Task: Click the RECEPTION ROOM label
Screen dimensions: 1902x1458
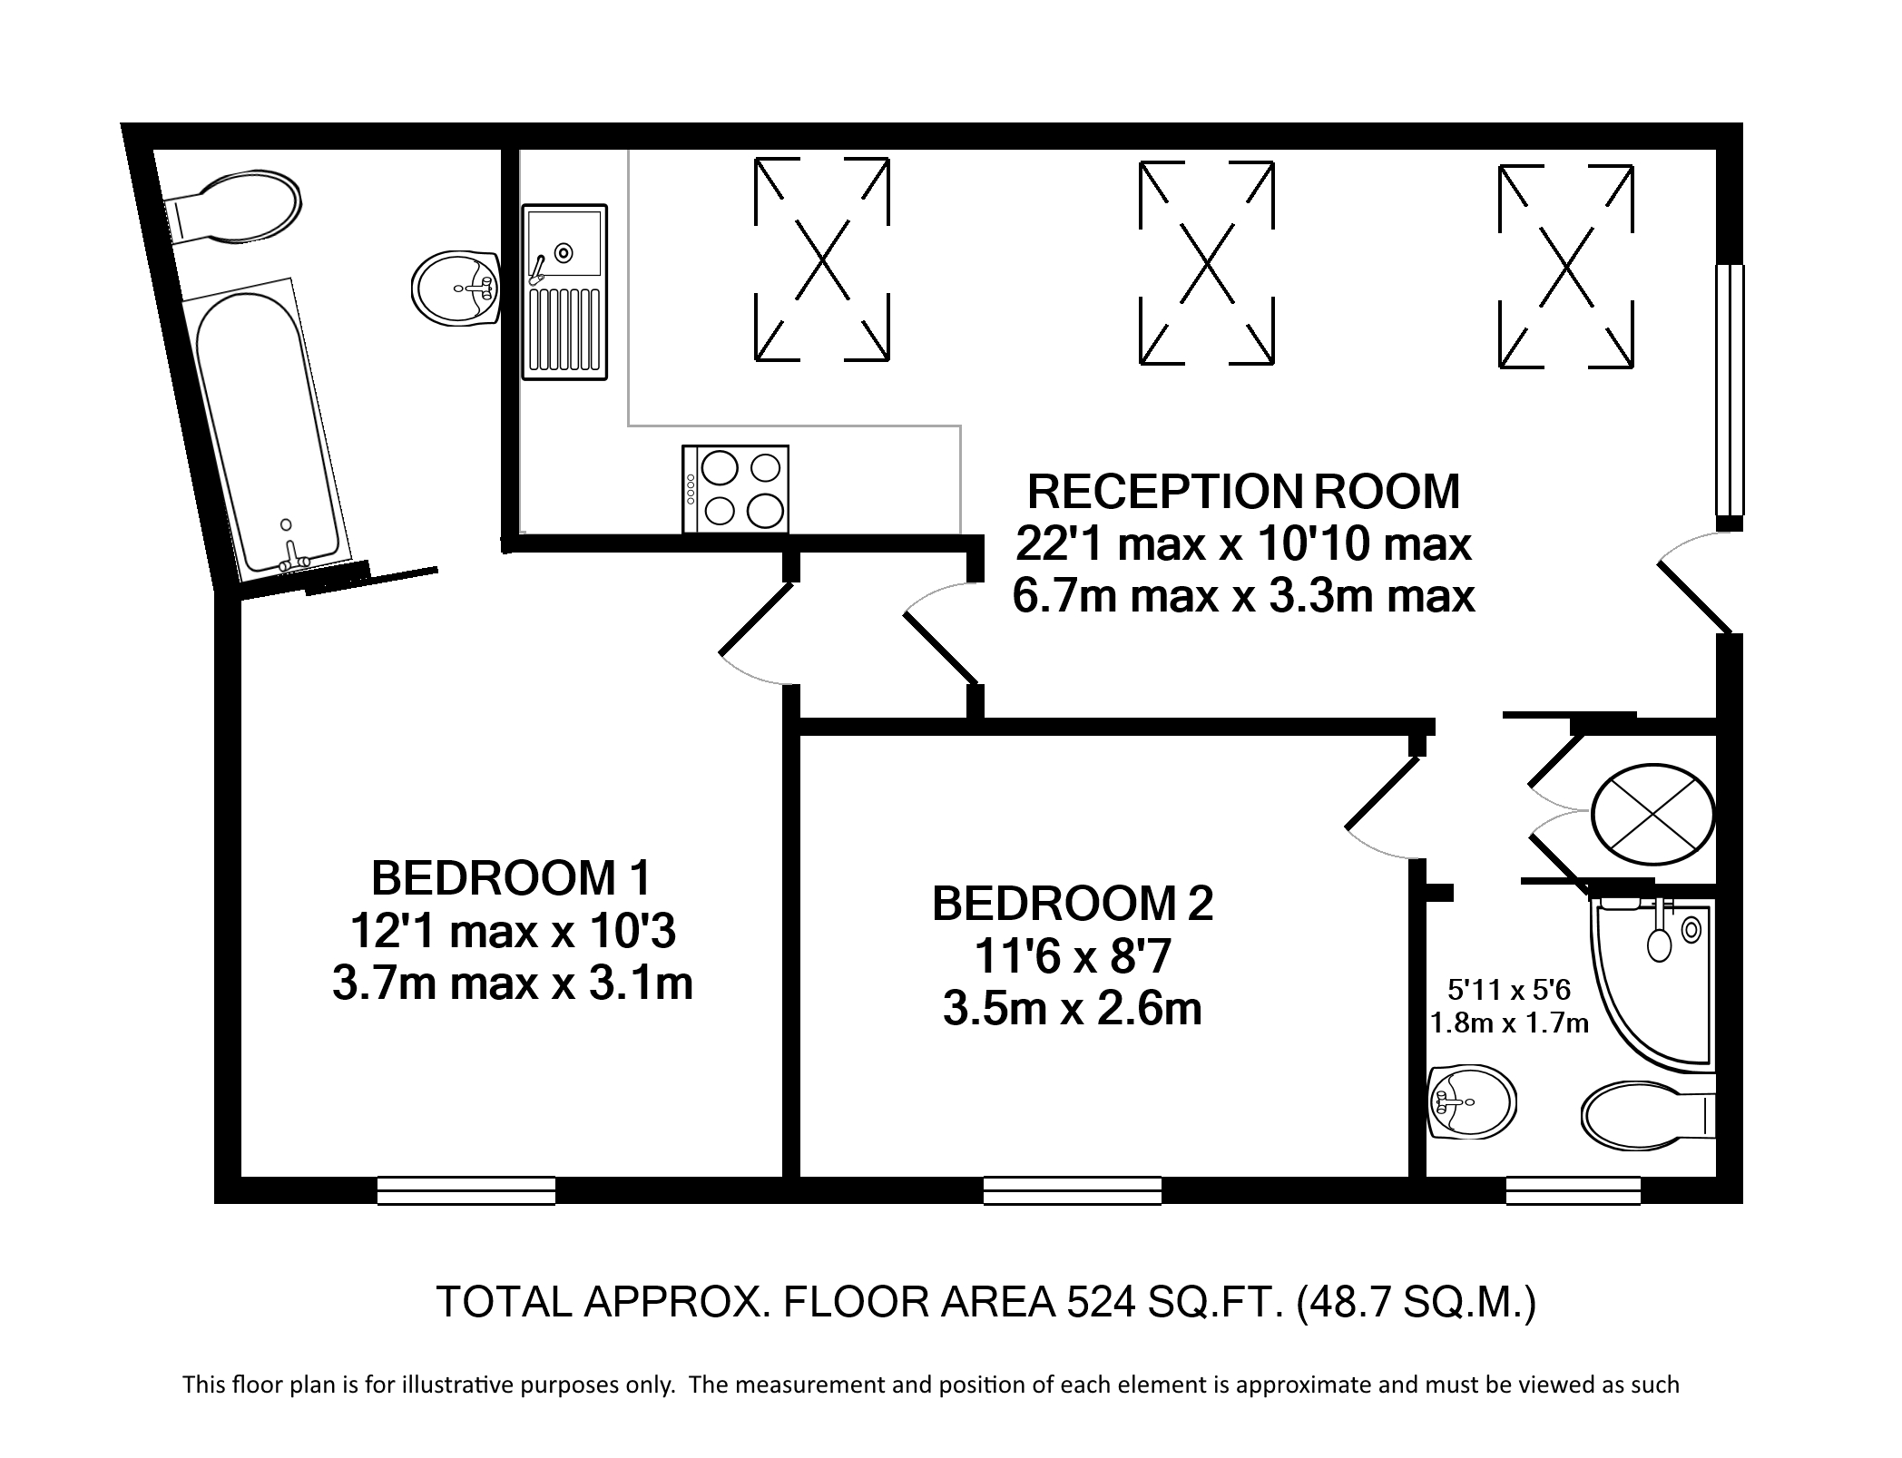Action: [x=1243, y=492]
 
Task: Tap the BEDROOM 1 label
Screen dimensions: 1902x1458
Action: [x=512, y=877]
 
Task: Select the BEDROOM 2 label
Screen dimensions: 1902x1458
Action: [x=1073, y=904]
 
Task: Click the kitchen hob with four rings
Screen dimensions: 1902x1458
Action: [x=736, y=489]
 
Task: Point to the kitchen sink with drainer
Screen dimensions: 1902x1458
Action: [x=564, y=291]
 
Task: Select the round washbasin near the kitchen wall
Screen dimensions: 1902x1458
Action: [x=457, y=288]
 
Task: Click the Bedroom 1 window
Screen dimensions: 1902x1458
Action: [x=466, y=1189]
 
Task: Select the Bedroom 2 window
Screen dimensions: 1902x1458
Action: [x=1073, y=1189]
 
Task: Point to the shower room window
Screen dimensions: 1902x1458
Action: [x=1574, y=1189]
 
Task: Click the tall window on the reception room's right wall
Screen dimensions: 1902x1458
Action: [x=1730, y=389]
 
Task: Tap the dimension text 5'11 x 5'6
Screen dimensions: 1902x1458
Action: [x=1506, y=988]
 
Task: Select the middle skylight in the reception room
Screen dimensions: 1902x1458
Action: [x=1206, y=262]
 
